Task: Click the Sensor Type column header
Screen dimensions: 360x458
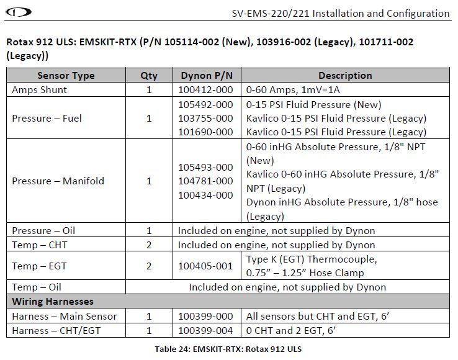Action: [66, 76]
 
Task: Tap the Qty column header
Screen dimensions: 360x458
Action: [149, 76]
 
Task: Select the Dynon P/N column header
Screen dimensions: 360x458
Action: [207, 76]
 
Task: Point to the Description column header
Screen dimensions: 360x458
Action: [345, 76]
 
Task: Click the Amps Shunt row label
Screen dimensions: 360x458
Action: [39, 89]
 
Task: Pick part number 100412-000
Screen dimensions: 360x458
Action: [206, 89]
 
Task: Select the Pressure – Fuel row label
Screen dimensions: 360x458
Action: [47, 118]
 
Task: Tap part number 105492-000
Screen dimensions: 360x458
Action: [206, 104]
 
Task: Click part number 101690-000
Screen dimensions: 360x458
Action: [206, 132]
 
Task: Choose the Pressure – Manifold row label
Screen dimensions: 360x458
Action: [58, 181]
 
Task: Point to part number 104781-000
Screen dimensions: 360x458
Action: [206, 181]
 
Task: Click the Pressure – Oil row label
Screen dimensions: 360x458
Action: [43, 230]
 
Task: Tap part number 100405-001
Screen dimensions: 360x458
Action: [206, 266]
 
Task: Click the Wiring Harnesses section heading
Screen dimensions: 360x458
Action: [53, 302]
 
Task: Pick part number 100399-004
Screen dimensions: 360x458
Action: [206, 330]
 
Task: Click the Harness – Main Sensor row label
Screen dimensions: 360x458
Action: [64, 316]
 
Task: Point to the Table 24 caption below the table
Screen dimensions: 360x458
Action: [228, 349]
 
